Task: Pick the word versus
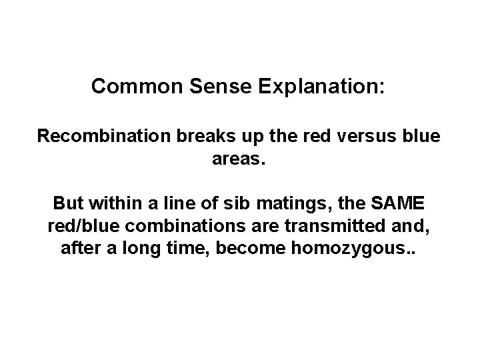click(x=360, y=137)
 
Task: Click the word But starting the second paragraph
click(x=67, y=201)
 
